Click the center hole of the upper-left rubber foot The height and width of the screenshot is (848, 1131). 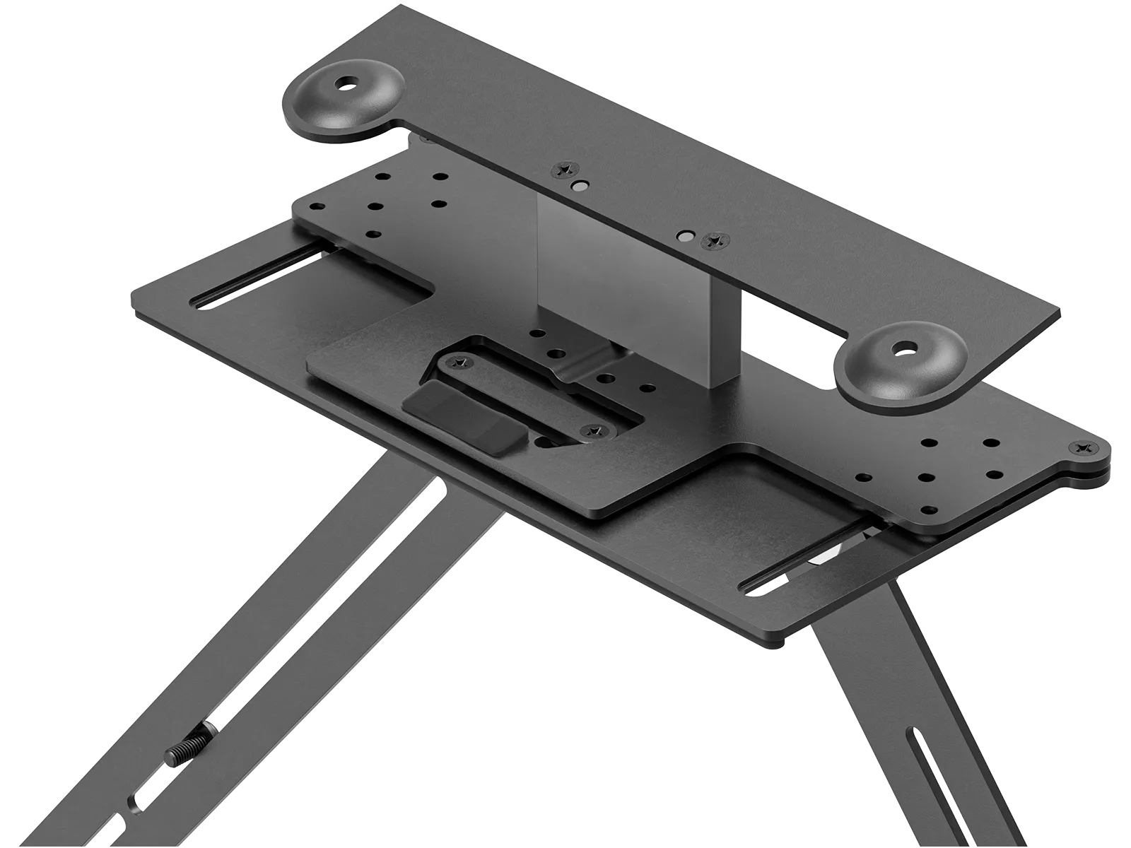(346, 84)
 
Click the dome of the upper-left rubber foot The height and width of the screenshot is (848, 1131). (322, 106)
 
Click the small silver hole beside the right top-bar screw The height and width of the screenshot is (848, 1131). (684, 234)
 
